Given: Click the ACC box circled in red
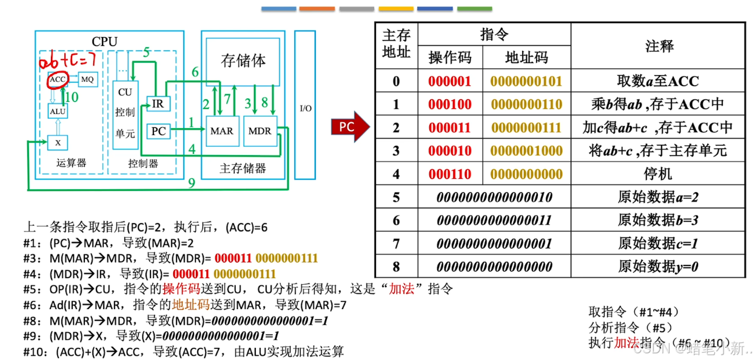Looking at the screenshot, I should pos(58,79).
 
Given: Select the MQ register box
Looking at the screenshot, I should pos(88,79).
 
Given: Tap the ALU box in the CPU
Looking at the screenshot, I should pos(58,111).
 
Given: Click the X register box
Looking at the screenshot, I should pos(58,142).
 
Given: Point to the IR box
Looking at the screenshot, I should pos(158,104).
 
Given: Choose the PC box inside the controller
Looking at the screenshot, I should pos(158,131).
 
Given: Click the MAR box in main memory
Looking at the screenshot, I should pos(221,131).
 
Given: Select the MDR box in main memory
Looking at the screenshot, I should pos(260,131).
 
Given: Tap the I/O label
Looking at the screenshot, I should pos(306,108).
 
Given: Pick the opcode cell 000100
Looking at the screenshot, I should pos(449,104).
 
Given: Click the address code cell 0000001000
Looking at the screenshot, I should pos(526,150).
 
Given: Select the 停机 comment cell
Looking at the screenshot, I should pos(659,174).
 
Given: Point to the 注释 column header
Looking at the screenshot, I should pos(659,46).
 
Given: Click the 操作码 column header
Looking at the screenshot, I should pos(449,58).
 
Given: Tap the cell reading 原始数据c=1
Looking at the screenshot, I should pos(659,243).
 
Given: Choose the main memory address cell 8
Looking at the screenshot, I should pos(396,266).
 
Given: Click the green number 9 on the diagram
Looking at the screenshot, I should pos(192,182).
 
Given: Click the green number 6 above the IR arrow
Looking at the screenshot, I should pos(195,72).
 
